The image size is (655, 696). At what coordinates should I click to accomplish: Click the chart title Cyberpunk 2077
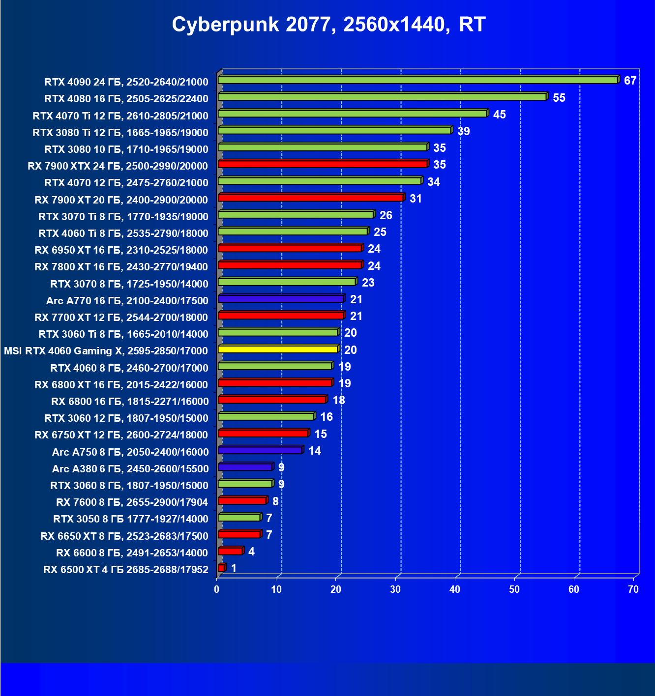click(x=328, y=25)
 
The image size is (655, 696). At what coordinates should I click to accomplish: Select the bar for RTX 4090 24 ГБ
click(x=418, y=80)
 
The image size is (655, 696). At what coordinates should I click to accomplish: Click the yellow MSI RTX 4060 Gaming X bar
click(x=278, y=349)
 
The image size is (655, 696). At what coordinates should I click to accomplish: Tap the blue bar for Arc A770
click(x=281, y=299)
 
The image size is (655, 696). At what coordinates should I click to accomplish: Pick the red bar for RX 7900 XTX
click(x=323, y=164)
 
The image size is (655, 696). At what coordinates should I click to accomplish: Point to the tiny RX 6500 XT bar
click(x=221, y=568)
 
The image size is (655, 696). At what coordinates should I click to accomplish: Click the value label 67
click(x=630, y=81)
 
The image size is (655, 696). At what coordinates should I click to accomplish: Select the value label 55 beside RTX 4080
click(x=559, y=98)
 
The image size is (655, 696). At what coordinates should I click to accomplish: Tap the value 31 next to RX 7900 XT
click(x=416, y=199)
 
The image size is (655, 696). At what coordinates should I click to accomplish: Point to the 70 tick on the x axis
click(x=633, y=589)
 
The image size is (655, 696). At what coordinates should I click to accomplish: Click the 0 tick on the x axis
click(x=217, y=589)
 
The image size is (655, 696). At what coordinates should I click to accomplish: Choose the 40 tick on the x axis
click(x=455, y=589)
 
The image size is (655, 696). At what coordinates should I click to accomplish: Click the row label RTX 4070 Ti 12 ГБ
click(x=120, y=116)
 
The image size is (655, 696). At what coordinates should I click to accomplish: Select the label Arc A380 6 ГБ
click(x=130, y=469)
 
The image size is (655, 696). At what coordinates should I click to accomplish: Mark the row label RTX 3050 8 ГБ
click(x=131, y=519)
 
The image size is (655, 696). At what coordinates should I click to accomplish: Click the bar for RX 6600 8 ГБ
click(x=230, y=551)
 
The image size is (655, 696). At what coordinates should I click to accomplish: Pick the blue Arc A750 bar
click(x=260, y=450)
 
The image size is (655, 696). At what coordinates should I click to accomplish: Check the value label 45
click(x=499, y=115)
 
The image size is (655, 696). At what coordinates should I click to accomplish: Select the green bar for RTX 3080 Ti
click(x=334, y=131)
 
